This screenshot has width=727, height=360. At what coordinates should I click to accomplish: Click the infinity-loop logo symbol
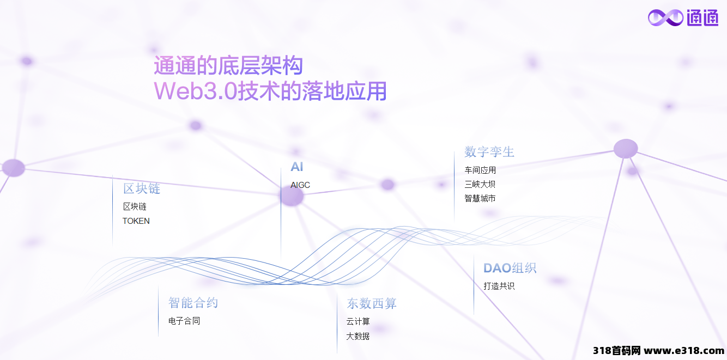(665, 17)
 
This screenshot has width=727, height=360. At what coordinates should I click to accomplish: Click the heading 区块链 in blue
(142, 188)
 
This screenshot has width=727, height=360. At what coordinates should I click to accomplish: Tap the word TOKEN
(136, 221)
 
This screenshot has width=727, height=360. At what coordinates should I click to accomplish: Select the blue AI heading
(296, 167)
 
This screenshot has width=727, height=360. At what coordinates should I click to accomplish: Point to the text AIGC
(300, 185)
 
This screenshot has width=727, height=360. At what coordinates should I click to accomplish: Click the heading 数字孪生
(489, 152)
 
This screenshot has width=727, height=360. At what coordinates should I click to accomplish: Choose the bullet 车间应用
(480, 170)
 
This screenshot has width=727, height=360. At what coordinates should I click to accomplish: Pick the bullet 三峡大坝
(480, 184)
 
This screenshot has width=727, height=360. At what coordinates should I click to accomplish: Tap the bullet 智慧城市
(480, 198)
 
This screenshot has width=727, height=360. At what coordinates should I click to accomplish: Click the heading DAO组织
(510, 268)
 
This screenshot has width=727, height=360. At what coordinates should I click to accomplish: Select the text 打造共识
(499, 286)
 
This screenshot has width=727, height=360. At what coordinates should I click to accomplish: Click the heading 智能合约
(193, 303)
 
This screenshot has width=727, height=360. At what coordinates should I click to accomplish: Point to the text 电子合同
(184, 321)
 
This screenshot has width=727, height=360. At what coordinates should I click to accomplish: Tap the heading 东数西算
(372, 303)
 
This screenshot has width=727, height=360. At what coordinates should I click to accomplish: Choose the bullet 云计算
(358, 321)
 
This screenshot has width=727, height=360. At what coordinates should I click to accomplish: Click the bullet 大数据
(358, 336)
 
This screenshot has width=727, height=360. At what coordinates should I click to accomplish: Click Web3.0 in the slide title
(196, 91)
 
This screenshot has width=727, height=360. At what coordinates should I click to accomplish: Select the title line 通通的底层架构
(228, 65)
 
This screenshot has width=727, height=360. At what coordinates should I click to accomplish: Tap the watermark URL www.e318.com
(684, 351)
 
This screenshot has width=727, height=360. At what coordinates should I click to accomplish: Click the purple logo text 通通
(702, 17)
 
